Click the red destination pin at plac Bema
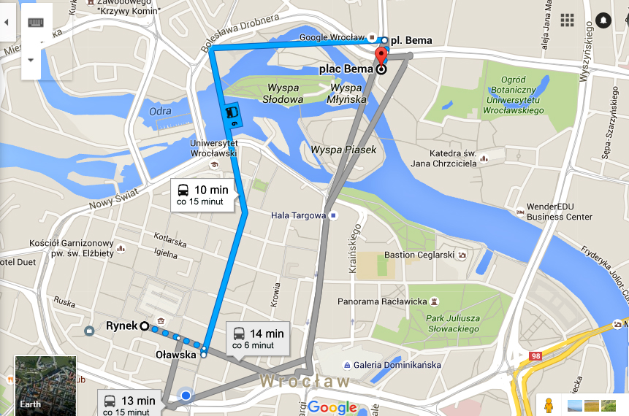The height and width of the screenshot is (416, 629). [380, 57]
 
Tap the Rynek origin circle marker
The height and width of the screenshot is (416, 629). [144, 326]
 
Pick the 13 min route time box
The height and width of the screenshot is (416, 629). [129, 404]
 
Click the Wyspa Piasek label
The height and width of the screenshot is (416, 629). [343, 150]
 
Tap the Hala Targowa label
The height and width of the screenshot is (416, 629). [297, 215]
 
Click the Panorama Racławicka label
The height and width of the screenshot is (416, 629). [381, 301]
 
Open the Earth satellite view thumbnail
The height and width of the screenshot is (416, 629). [45, 384]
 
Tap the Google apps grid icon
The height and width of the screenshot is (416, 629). [567, 20]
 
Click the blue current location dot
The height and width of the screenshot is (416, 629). [186, 396]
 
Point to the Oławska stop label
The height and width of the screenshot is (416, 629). [176, 355]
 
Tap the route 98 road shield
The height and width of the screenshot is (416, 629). [535, 355]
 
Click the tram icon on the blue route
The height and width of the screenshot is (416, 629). [232, 112]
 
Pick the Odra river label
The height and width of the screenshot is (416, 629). [160, 111]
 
